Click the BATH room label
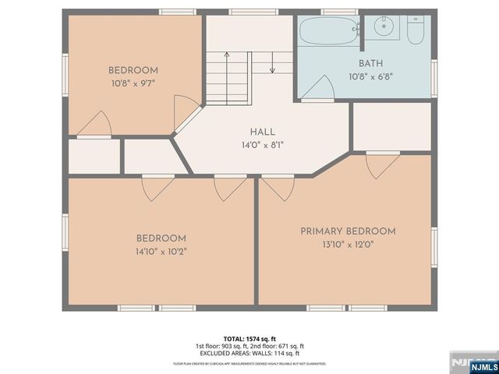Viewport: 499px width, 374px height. click(x=370, y=64)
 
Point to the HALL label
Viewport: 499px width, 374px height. click(x=262, y=132)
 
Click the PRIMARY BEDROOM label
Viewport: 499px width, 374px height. click(x=349, y=231)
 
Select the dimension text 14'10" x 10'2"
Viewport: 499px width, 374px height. click(x=161, y=252)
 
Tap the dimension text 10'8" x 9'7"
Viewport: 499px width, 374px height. click(x=133, y=83)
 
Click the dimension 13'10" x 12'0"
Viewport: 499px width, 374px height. click(x=349, y=245)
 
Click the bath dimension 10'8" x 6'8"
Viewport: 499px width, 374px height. click(x=370, y=77)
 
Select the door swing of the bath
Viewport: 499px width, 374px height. click(x=319, y=90)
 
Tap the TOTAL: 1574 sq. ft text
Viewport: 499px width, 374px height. click(x=249, y=339)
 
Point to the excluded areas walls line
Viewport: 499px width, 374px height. click(x=249, y=353)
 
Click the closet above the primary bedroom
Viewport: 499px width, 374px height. click(x=391, y=125)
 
